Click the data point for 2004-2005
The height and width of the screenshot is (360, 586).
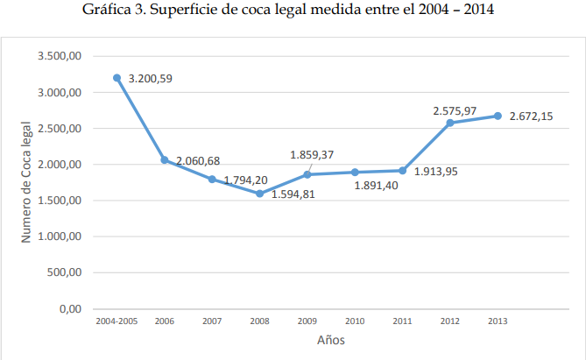116,78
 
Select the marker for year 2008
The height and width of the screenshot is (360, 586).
259,194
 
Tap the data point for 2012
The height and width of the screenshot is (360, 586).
450,123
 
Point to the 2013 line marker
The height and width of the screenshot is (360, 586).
498,116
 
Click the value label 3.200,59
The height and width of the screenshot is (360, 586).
150,79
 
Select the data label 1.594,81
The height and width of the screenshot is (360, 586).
293,194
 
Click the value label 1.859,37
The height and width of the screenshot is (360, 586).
312,155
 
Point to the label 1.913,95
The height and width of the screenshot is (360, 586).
435,172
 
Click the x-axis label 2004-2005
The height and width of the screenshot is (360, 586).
116,322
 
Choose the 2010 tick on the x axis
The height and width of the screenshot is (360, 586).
355,322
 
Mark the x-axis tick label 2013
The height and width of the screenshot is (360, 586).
498,322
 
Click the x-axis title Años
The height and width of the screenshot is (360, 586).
331,341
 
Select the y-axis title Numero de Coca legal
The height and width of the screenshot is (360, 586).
26,182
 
